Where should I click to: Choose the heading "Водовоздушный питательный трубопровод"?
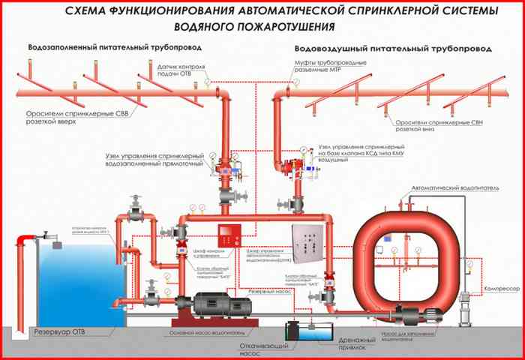393,48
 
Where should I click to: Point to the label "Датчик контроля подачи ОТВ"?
178,71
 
